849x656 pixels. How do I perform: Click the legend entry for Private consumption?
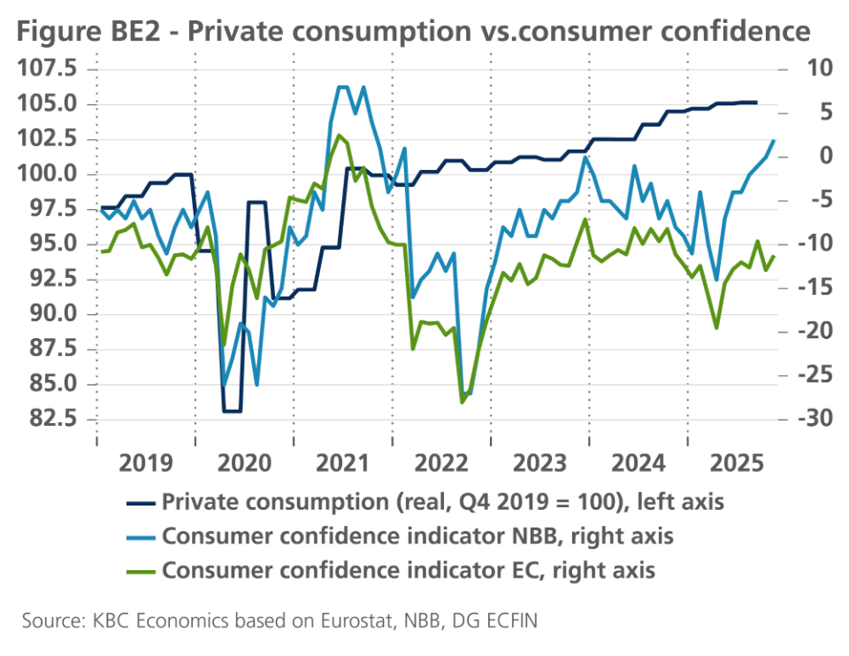(442, 502)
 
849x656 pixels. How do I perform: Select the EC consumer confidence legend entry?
(409, 569)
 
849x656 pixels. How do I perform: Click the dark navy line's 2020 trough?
(232, 411)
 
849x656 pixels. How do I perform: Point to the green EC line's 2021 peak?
(339, 135)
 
